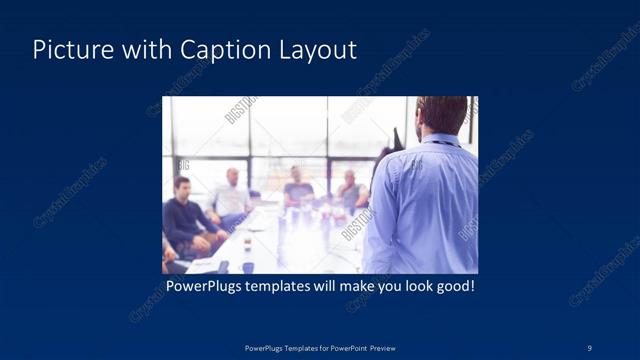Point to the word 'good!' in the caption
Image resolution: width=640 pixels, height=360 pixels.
click(x=453, y=287)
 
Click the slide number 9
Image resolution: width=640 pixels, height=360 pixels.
click(x=590, y=347)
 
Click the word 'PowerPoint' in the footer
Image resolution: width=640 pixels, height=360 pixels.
click(x=346, y=347)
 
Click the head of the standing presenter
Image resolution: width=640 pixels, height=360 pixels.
click(x=441, y=112)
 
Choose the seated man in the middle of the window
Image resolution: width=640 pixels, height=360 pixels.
click(x=298, y=187)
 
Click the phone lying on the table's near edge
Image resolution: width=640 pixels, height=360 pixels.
click(x=223, y=267)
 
